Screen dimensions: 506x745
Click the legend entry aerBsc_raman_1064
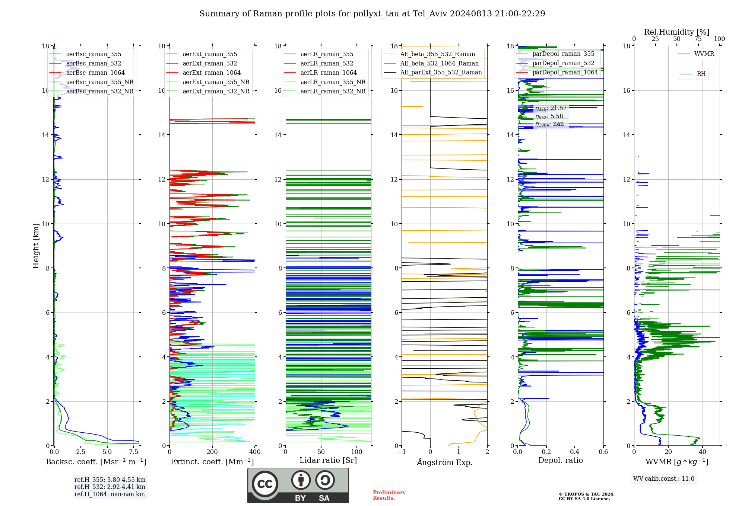tap(95, 73)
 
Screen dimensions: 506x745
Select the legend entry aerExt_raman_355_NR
tap(216, 82)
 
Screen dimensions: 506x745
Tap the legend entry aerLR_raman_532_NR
tap(333, 92)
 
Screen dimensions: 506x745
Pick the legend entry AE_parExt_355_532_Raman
tap(441, 73)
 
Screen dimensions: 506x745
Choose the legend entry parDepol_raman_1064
tap(565, 73)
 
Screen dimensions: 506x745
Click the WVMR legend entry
tap(704, 54)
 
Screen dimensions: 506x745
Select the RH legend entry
tap(701, 74)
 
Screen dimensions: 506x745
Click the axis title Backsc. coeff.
tap(96, 462)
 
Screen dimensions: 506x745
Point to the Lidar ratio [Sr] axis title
tap(328, 461)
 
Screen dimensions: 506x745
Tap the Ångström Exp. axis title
tap(445, 462)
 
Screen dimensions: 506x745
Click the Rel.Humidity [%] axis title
tap(676, 32)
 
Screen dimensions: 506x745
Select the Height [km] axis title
tap(36, 246)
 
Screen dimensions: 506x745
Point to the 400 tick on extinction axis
tap(255, 452)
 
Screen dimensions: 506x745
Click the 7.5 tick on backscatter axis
tap(134, 452)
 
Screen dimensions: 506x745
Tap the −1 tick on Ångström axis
tap(402, 452)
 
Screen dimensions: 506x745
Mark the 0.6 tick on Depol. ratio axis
tap(603, 452)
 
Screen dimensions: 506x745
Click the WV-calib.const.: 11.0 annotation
tap(664, 479)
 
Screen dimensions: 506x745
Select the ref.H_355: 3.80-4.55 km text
tap(110, 480)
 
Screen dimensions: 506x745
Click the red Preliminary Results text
tap(389, 495)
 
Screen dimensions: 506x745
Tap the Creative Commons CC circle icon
tap(265, 484)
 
